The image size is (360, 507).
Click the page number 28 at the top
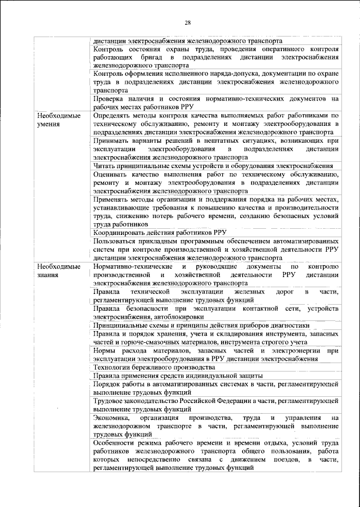coord(188,22)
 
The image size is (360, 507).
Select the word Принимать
coord(115,141)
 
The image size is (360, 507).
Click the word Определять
coord(116,116)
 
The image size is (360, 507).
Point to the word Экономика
coord(112,418)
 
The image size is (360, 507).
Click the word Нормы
coord(105,350)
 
